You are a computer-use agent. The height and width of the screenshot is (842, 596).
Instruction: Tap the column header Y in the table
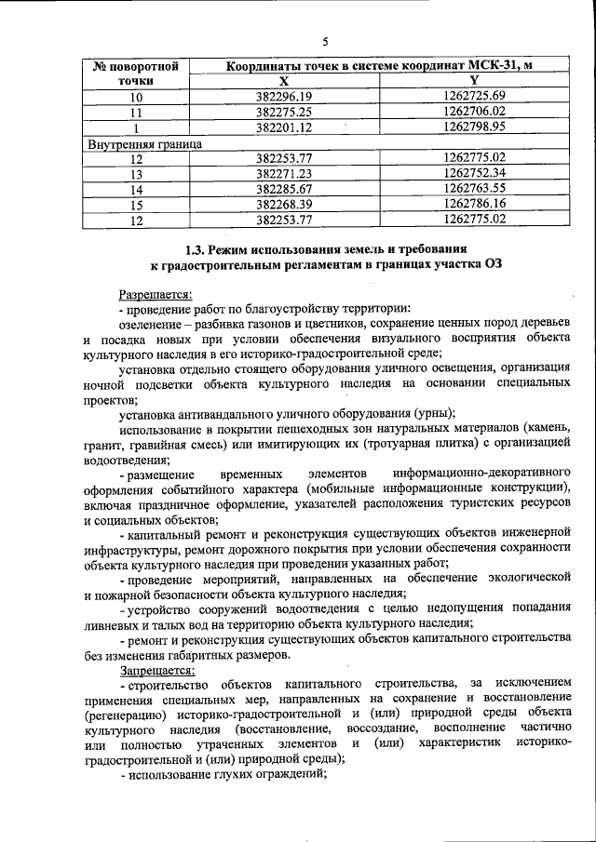coord(474,81)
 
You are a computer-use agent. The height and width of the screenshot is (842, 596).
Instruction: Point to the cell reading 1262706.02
coord(474,112)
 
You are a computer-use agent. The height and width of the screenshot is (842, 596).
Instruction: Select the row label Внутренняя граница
coord(144,144)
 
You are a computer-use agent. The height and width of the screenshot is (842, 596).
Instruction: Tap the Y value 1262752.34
coord(474,173)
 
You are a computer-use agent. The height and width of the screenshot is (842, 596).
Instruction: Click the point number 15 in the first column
coord(136,204)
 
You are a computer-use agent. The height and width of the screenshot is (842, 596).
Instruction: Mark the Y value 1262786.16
coord(474,204)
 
